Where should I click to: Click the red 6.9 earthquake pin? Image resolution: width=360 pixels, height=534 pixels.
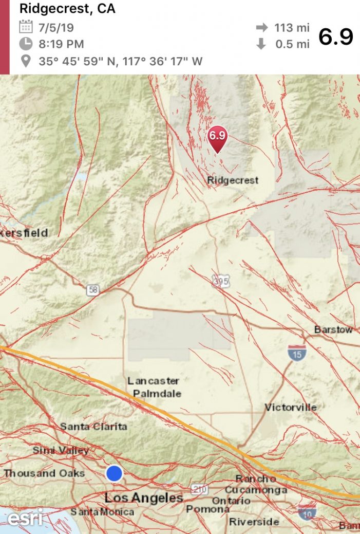[x=217, y=137]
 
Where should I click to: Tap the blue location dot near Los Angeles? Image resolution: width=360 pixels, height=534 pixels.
[x=114, y=473]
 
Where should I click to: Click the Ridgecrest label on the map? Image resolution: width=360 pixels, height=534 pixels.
[x=233, y=180]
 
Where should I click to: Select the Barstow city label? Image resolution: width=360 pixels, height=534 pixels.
[x=333, y=329]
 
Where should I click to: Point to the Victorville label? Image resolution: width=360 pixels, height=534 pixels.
[x=291, y=408]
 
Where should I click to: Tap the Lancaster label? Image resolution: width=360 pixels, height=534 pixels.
[x=154, y=381]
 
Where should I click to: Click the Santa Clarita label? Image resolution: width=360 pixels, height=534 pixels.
[x=93, y=427]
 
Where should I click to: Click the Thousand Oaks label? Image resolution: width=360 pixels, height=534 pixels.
[x=44, y=473]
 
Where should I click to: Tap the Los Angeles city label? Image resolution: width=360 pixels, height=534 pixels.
[x=144, y=498]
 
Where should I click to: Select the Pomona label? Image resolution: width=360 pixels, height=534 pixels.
[x=207, y=509]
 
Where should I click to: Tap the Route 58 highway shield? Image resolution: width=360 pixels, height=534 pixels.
[x=93, y=290]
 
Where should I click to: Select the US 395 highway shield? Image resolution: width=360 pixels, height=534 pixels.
[x=220, y=281]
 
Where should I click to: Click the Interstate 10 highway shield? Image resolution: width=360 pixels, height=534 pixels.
[x=307, y=511]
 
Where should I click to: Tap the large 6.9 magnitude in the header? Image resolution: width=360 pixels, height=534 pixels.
[x=336, y=37]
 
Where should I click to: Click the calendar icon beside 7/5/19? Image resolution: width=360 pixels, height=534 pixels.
[x=26, y=26]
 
